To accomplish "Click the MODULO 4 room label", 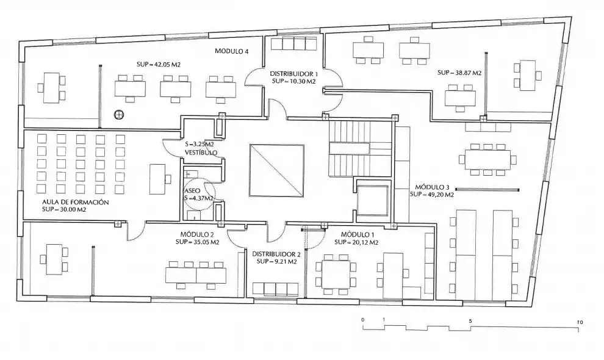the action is (231, 51).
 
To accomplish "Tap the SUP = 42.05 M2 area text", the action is (159, 65).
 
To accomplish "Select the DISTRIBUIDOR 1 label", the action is (294, 74).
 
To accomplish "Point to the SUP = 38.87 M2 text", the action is (459, 73).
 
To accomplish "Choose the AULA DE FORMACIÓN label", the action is (76, 202).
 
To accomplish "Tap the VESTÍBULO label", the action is (201, 153).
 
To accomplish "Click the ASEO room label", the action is (192, 191).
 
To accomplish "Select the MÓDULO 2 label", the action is (197, 235).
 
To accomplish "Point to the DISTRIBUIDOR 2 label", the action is (276, 254).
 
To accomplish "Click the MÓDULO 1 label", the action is (358, 235).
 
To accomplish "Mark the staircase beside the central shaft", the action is (360, 148).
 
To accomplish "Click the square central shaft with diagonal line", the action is (276, 170).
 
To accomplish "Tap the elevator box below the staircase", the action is (373, 201).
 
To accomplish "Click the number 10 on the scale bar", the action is (580, 322).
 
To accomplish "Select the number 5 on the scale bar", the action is (470, 321).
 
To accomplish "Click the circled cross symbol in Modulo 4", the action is (119, 115).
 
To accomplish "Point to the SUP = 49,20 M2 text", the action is (432, 195).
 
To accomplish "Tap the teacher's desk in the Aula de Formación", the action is (157, 179).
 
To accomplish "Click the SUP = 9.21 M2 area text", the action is (276, 261).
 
